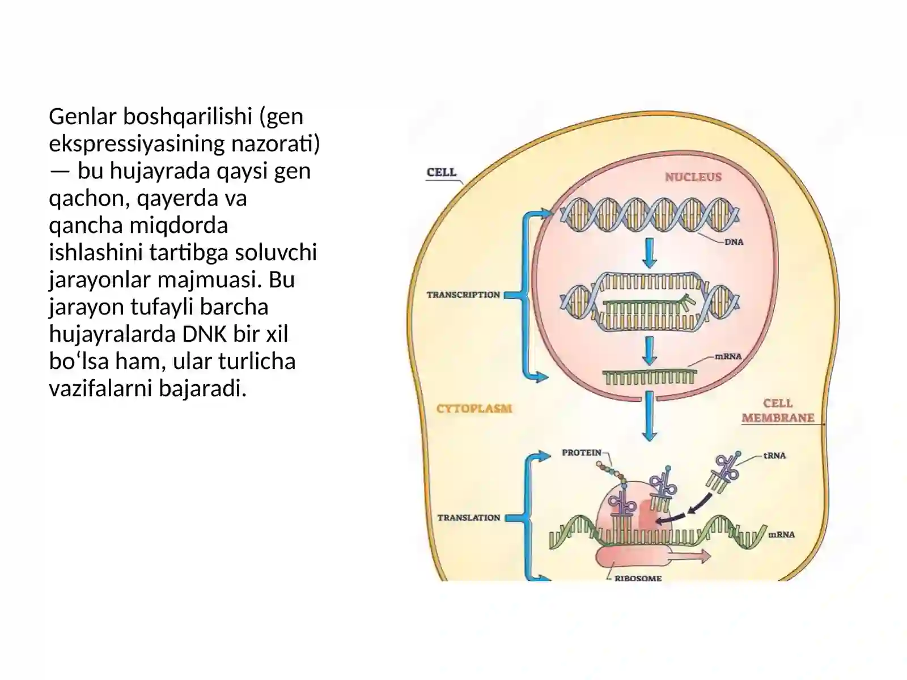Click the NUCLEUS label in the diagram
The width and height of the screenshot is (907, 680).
693,177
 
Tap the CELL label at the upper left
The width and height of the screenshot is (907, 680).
441,172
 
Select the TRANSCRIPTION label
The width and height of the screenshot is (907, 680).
463,295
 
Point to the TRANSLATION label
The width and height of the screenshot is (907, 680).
469,518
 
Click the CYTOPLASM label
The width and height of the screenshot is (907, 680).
474,409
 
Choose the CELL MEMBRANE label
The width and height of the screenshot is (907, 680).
778,410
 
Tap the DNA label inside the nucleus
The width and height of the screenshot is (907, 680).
734,242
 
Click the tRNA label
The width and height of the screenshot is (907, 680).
774,456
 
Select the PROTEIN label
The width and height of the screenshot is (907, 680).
582,453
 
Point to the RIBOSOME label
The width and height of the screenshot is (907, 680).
638,578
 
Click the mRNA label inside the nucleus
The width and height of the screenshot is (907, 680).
728,356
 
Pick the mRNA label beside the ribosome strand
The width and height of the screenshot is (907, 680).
781,535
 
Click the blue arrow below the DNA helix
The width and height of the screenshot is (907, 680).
650,253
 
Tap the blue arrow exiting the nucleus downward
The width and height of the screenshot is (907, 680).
650,416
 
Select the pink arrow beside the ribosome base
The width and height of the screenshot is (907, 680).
688,556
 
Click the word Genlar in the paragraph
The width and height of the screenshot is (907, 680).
83,116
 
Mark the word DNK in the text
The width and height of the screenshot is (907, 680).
204,334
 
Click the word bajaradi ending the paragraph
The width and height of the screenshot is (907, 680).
202,389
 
